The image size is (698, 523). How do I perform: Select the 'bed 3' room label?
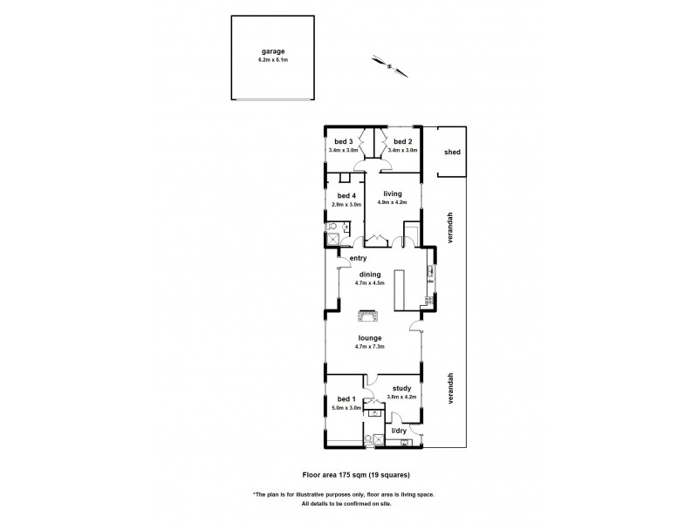pos(343,141)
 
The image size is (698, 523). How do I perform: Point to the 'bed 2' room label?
pos(402,141)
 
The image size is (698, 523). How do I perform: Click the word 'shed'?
pos(451,152)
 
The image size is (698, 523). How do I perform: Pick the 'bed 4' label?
pos(346,195)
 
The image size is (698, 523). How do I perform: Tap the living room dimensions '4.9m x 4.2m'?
pos(393,203)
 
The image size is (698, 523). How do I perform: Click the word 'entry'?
pos(358,259)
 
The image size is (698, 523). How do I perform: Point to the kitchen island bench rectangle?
pos(401,289)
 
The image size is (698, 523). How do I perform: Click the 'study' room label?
pos(401,389)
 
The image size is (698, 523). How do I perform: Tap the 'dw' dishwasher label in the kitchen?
pos(430,282)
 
